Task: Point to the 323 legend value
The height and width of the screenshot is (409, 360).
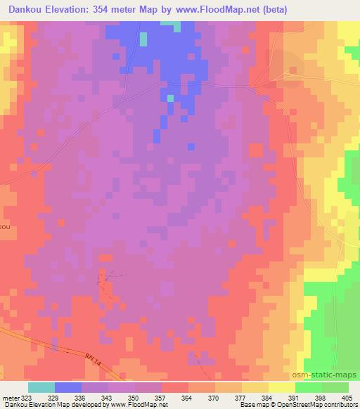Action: coord(26,397)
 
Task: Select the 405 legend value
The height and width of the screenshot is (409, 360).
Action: coord(346,397)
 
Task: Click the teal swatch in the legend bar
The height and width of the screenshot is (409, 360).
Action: coord(41,387)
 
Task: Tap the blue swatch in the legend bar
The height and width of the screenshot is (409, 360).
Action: coord(68,387)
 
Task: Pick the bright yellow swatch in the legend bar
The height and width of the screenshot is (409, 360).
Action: coord(282,387)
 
